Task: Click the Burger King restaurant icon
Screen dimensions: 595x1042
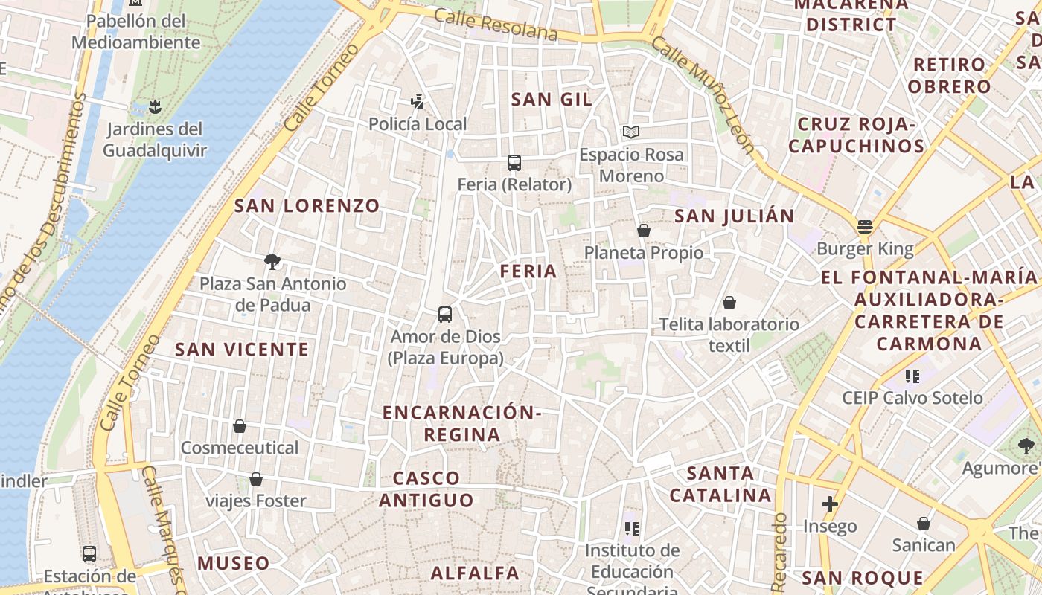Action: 864,226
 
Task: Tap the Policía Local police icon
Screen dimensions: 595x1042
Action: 418,102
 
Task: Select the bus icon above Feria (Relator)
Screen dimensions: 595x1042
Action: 514,162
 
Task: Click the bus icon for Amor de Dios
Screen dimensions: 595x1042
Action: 445,314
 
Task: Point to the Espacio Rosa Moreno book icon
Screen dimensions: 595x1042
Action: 631,132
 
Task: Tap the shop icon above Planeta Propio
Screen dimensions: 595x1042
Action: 644,231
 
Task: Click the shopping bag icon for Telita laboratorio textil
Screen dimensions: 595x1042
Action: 729,303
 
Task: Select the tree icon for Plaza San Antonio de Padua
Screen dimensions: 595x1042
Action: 272,261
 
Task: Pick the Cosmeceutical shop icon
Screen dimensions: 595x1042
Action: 240,426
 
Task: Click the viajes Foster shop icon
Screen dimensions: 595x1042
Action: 256,479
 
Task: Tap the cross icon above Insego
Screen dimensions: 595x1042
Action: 830,505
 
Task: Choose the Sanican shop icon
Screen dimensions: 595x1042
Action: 924,524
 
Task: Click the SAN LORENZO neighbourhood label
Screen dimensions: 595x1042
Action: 307,206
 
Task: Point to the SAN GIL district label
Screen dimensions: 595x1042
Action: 552,100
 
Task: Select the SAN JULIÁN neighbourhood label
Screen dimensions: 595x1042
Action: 734,216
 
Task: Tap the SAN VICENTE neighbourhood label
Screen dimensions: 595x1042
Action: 241,350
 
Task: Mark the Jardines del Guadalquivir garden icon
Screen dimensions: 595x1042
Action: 155,107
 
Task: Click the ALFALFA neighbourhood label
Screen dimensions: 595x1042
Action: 475,573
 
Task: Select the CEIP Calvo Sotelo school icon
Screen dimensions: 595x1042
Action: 912,376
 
